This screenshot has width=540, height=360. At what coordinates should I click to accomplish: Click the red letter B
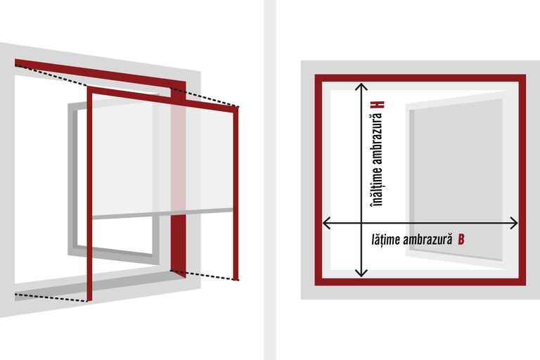461,239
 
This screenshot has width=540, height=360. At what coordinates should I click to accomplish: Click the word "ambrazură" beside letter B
427,239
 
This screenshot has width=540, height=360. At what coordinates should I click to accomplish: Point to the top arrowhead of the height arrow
361,86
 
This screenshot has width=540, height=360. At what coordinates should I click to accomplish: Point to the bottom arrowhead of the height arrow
361,273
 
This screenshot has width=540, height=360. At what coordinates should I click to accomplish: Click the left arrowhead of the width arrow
326,223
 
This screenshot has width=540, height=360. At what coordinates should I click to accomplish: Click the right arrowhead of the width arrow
513,223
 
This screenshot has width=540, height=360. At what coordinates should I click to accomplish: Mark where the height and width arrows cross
361,223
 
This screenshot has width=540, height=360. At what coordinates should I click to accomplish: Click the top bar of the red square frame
420,78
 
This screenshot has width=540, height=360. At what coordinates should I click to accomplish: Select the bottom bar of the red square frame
420,281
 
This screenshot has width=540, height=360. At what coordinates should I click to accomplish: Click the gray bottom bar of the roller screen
162,213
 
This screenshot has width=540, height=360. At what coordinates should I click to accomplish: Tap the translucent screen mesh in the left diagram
162,155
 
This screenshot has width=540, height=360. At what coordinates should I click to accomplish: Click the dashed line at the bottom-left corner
51,297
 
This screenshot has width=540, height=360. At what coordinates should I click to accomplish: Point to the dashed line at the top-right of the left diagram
205,98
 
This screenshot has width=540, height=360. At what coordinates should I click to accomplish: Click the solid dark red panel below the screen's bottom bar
178,245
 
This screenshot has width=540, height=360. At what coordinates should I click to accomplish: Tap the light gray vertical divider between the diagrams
270,180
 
